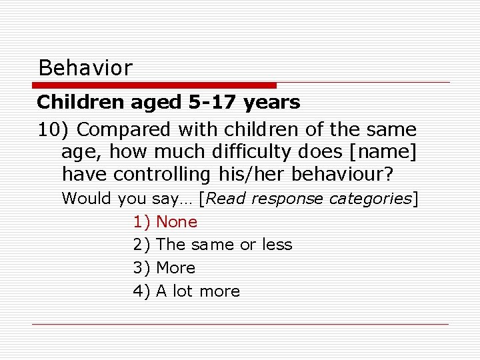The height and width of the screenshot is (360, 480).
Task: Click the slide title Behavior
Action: click(85, 67)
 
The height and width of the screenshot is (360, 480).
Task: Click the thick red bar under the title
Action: click(155, 85)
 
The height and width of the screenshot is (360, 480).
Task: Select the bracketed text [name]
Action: click(382, 152)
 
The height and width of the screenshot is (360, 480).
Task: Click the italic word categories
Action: click(369, 199)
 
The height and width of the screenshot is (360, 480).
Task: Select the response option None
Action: click(177, 222)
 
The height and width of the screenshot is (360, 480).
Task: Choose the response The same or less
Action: click(224, 245)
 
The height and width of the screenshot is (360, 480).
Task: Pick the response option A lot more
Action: click(198, 291)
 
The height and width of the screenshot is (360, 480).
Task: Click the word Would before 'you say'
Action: click(87, 199)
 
